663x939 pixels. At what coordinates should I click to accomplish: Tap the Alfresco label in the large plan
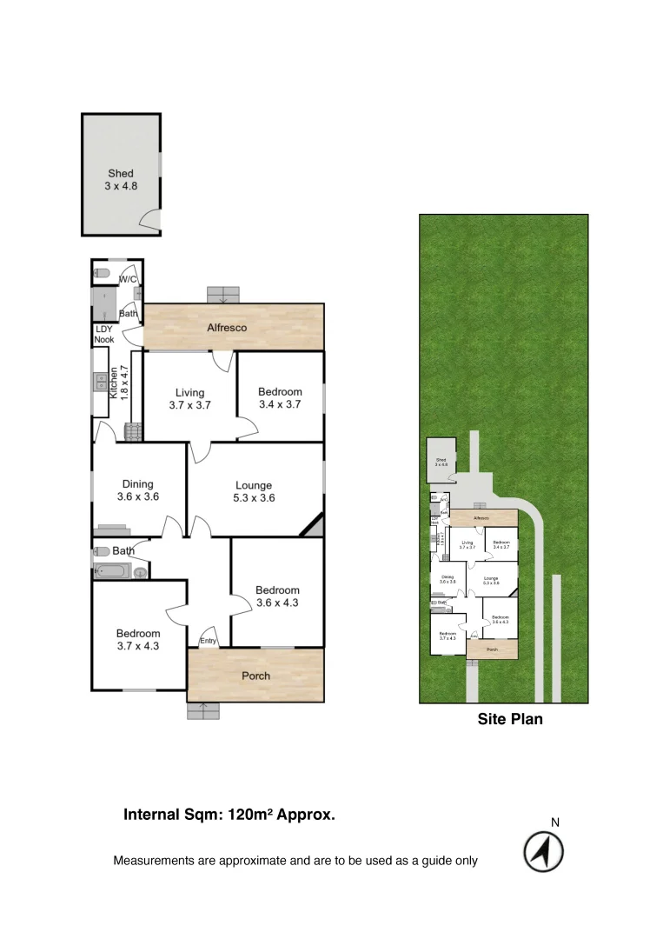coord(227,328)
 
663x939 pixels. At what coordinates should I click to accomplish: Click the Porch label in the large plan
coord(255,676)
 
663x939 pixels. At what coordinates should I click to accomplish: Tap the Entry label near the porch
coord(209,642)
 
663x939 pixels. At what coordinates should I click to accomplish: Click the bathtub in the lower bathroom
coord(112,572)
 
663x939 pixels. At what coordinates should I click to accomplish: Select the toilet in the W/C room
coord(102,273)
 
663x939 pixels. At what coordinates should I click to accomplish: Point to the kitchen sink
coord(101,381)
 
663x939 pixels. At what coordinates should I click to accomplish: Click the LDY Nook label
coord(104,334)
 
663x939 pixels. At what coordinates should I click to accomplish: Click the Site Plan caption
coord(510,719)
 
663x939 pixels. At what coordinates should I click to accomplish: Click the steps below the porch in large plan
coord(203,710)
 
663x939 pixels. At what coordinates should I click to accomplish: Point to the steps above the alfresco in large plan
coord(222,294)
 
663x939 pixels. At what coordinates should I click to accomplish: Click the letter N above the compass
coord(555,822)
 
